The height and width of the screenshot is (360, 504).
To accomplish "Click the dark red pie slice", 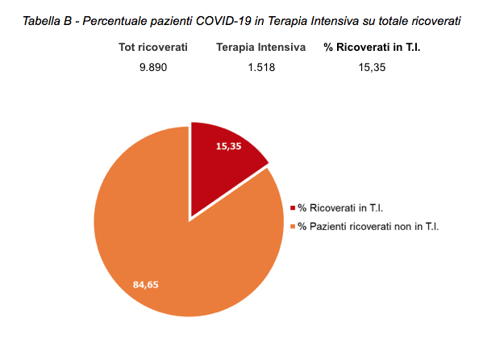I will (x=224, y=153).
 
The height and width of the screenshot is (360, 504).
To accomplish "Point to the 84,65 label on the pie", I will (x=148, y=283).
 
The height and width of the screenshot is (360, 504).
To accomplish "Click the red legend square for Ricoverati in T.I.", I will (x=292, y=208).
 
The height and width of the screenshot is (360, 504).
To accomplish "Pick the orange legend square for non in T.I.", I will (x=292, y=226).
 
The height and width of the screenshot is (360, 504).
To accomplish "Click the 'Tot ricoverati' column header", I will (x=152, y=48).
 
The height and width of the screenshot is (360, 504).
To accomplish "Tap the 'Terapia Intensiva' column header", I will (x=260, y=48).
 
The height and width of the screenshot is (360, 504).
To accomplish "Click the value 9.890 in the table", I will (x=152, y=68).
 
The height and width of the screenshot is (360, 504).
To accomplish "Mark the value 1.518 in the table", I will (x=261, y=68).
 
